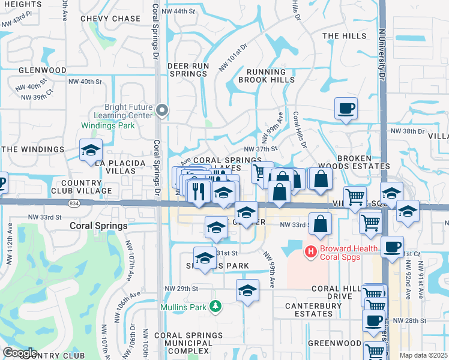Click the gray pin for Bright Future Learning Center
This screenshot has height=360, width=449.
(x=161, y=110)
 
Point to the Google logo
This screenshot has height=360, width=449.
(x=19, y=353)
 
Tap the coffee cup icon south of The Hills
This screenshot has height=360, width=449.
(x=346, y=109)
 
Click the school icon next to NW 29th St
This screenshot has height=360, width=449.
(x=247, y=291)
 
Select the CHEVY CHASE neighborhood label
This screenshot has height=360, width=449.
(x=110, y=19)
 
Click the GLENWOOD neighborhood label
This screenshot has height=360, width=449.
(x=43, y=70)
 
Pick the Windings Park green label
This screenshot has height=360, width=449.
(x=108, y=126)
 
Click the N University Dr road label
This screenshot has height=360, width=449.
(x=381, y=54)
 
